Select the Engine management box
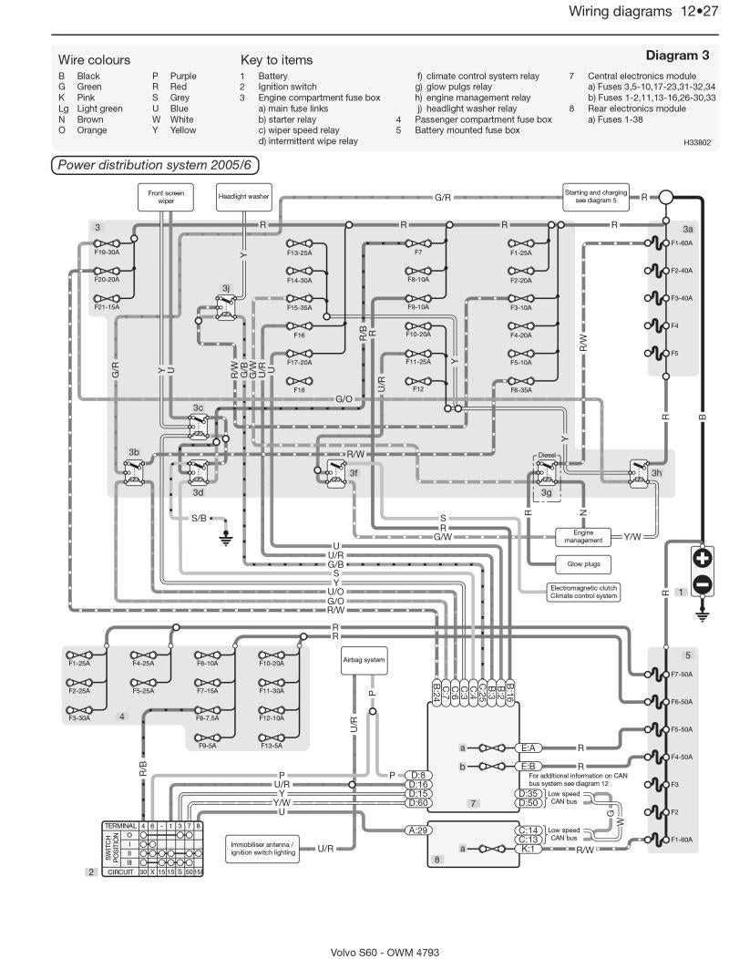pyautogui.click(x=583, y=536)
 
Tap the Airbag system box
pyautogui.click(x=364, y=659)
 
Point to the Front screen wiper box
pyautogui.click(x=166, y=196)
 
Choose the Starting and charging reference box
pyautogui.click(x=595, y=196)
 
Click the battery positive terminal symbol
pyautogui.click(x=702, y=557)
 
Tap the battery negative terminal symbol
pyautogui.click(x=702, y=583)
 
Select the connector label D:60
pyautogui.click(x=418, y=803)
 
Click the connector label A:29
pyautogui.click(x=418, y=830)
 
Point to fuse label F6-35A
pyautogui.click(x=521, y=389)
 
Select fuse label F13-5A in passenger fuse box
pyautogui.click(x=271, y=746)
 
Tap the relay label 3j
pyautogui.click(x=226, y=287)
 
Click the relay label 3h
pyautogui.click(x=656, y=473)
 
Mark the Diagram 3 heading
pyautogui.click(x=677, y=56)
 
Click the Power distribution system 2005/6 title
pyautogui.click(x=154, y=165)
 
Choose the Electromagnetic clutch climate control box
pyautogui.click(x=584, y=592)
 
